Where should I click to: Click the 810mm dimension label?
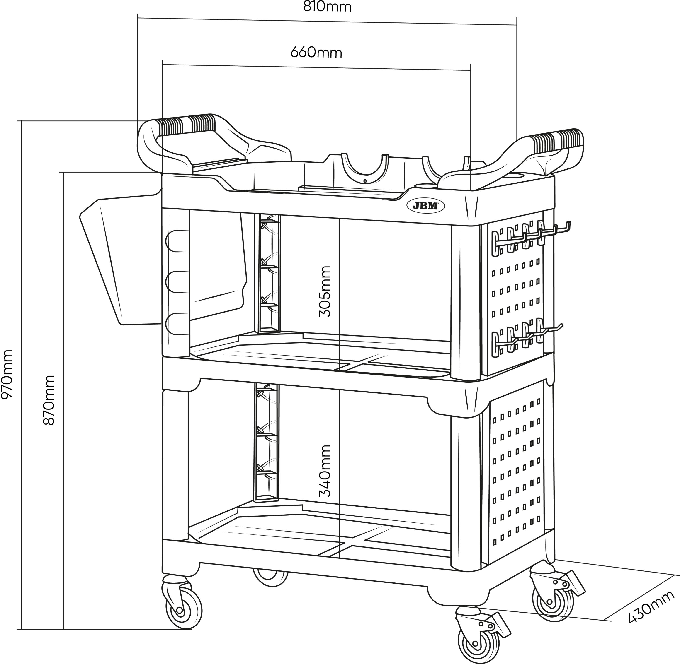[327, 6]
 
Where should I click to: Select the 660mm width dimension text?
[316, 53]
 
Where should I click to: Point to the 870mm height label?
[49, 400]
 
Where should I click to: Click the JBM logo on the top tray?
[425, 206]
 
